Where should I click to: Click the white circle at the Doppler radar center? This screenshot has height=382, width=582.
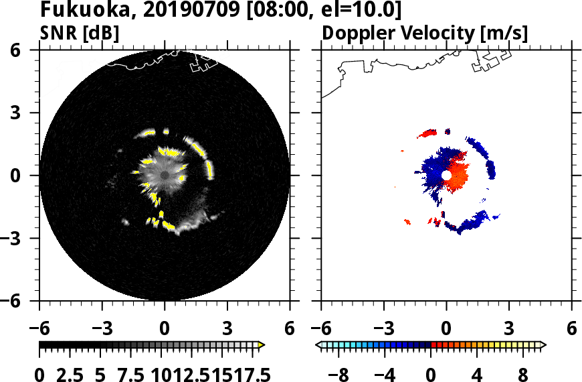tap(446, 175)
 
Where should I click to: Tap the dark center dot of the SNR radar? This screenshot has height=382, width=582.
tap(165, 176)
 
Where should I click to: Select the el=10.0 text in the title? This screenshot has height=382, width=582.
tap(367, 11)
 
